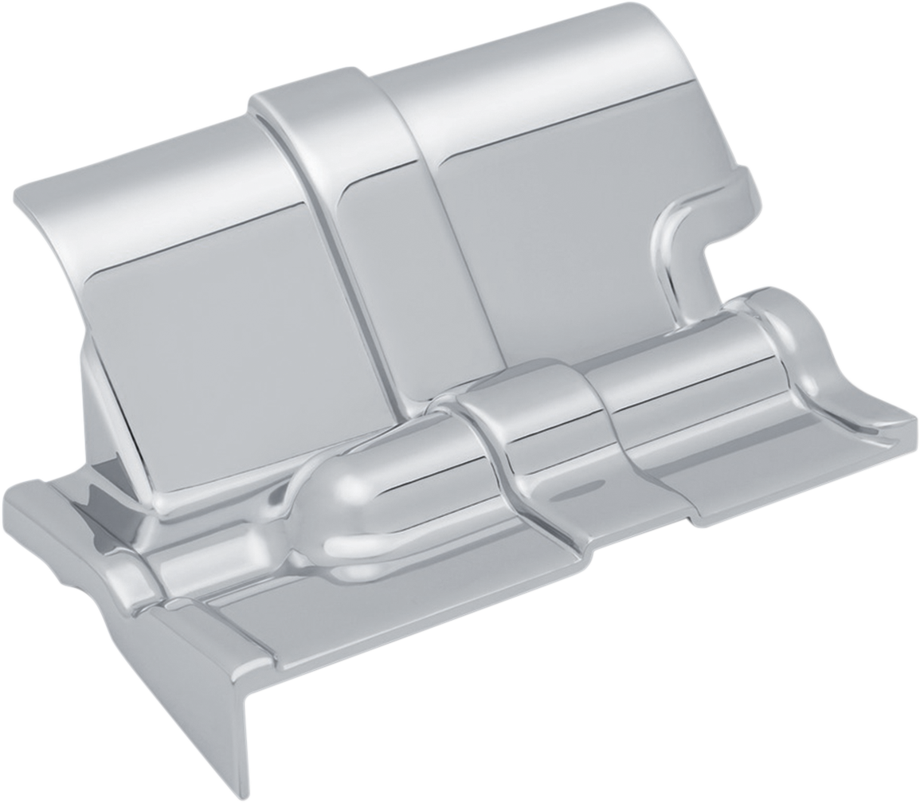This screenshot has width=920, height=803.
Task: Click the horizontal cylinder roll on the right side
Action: point(677,351)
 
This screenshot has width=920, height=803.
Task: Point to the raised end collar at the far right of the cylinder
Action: point(789,335)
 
